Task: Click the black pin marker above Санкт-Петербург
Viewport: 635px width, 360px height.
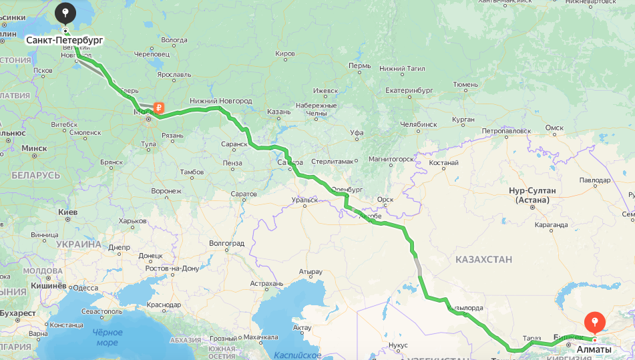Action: click(65, 13)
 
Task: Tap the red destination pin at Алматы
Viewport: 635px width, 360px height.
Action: click(594, 323)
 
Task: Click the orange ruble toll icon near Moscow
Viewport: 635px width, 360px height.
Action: click(159, 107)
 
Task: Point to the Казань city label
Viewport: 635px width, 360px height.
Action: click(278, 112)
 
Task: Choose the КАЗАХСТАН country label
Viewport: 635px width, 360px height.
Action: click(483, 259)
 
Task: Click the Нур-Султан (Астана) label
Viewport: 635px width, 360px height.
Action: click(532, 195)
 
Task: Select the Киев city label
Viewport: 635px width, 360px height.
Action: click(68, 212)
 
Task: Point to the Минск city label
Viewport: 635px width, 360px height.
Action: click(33, 148)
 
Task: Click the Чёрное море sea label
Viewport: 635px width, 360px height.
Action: click(107, 337)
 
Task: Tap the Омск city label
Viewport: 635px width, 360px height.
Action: click(554, 128)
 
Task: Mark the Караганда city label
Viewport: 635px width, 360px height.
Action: click(551, 226)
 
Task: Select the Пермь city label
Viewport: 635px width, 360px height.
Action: click(359, 66)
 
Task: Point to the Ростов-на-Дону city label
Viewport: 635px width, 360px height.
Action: click(172, 268)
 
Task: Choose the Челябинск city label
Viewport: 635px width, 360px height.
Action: click(418, 124)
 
